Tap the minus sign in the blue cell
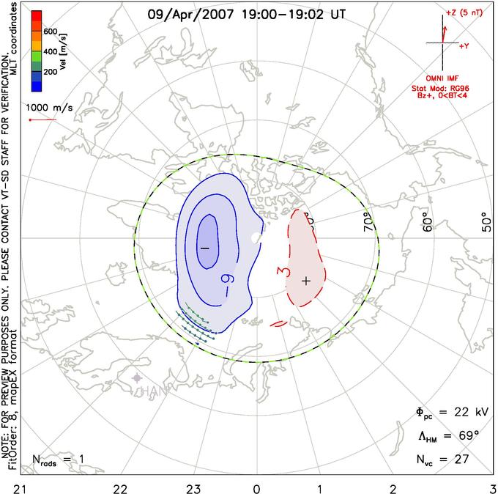(x=205, y=248)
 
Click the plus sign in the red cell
(x=306, y=280)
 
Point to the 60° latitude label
(x=427, y=220)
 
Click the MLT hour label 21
(x=7, y=487)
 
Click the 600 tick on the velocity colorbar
(x=51, y=32)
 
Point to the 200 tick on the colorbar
(x=51, y=73)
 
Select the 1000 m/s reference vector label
(x=49, y=107)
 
